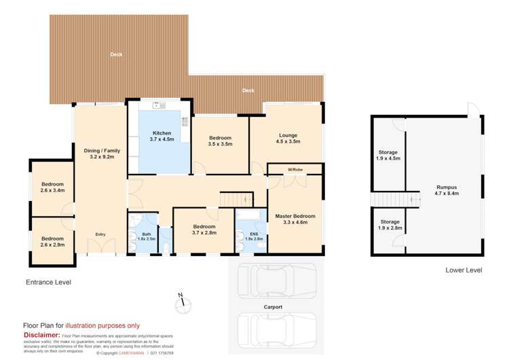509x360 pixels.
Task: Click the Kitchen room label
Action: coord(162,136)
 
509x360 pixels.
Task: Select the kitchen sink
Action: coord(159,105)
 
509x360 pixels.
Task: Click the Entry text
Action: coord(100,234)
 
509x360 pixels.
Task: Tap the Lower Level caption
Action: coord(464,270)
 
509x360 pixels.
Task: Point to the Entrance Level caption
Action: coord(48,281)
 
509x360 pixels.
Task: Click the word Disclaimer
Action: coord(41,334)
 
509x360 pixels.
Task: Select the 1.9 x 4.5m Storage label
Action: coord(389,156)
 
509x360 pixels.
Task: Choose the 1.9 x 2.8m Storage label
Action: coord(389,225)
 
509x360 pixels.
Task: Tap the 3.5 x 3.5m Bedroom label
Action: coord(221,141)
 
